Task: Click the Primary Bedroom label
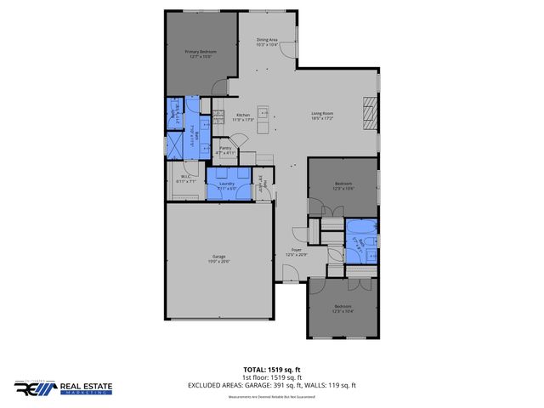pos(201,54)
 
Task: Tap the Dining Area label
pos(267,42)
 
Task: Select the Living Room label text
pos(321,117)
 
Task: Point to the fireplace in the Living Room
pos(369,112)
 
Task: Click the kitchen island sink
pos(263,112)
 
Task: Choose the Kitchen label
pos(243,117)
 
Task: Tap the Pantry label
pos(225,150)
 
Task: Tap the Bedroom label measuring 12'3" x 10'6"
pos(343,185)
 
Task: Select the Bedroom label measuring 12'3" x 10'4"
pos(343,308)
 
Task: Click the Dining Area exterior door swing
pos(292,51)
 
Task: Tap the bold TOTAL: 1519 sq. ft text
pos(271,370)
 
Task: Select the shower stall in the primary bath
pos(175,145)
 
